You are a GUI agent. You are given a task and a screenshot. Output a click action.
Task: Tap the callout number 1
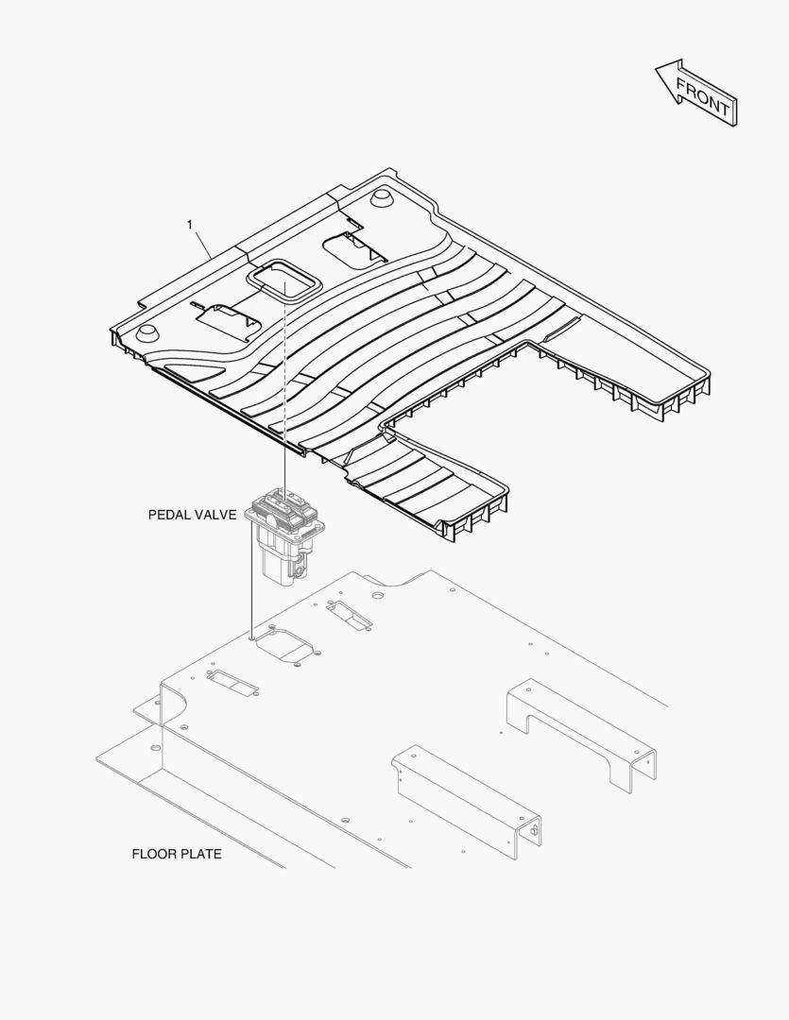189,225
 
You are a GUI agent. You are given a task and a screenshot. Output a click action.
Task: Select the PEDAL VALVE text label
192,515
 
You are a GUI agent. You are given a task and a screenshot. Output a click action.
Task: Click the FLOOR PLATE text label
177,854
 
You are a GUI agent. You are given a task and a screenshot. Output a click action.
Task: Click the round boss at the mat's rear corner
380,196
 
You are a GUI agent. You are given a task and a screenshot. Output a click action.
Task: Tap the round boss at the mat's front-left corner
146,332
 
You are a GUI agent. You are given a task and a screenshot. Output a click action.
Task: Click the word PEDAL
168,515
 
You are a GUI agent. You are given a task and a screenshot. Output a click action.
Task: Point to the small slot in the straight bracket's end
535,830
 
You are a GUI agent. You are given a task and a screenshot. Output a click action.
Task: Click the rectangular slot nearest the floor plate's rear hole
349,615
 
